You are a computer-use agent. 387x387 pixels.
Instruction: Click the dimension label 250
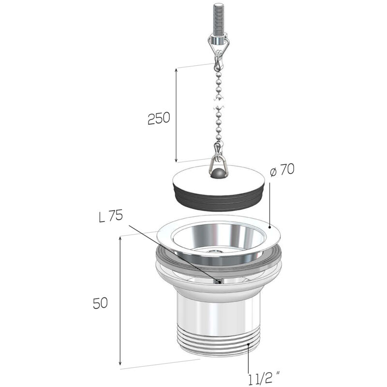point(159,118)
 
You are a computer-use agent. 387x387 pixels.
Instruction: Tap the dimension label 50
point(101,303)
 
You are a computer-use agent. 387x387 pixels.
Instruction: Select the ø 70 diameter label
point(282,170)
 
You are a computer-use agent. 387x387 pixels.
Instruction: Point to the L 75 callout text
point(111,216)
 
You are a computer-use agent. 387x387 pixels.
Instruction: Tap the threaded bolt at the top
point(218,20)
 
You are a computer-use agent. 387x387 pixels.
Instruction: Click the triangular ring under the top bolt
point(219,43)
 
